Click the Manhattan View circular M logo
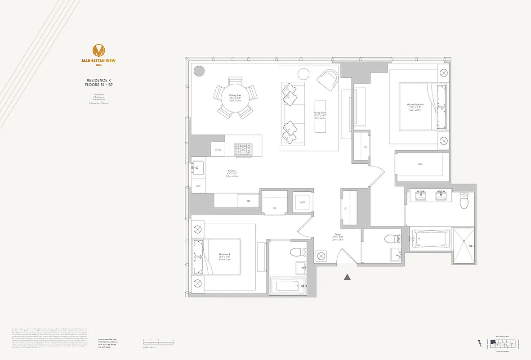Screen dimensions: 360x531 coord(98,50)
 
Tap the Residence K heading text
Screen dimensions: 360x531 coord(98,82)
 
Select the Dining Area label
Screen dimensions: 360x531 coord(235,98)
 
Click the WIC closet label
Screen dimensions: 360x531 coord(420,164)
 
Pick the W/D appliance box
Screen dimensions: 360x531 coord(303,202)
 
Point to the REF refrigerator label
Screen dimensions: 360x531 coord(248,201)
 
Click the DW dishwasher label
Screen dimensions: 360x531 coord(198,186)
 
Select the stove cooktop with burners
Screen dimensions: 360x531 coord(244,150)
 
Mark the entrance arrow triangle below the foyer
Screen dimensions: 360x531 coord(347,277)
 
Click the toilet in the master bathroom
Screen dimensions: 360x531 coord(465,200)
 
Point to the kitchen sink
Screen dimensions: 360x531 coord(198,168)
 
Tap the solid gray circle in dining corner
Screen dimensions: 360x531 coord(199,71)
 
